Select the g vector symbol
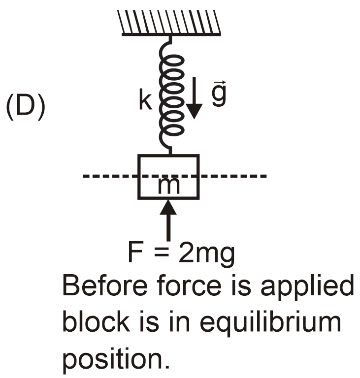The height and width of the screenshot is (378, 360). coord(219,95)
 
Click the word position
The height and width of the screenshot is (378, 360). coord(115,360)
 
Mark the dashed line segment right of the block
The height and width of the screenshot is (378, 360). coord(233,176)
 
